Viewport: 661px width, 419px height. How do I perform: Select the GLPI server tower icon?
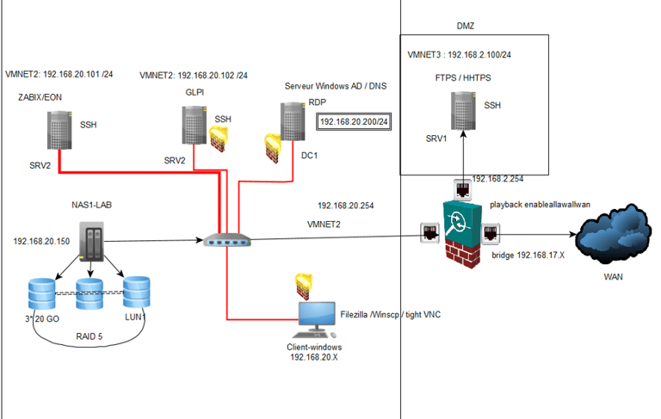click(x=194, y=125)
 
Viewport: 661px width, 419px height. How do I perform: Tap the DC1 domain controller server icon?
click(x=293, y=122)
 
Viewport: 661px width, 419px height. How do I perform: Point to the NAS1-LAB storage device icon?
click(x=91, y=243)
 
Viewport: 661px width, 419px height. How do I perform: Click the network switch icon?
click(x=227, y=242)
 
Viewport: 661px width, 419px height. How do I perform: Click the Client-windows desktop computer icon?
click(x=314, y=319)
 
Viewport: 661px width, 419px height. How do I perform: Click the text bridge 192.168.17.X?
click(x=528, y=256)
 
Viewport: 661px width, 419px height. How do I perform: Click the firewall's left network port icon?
click(x=429, y=231)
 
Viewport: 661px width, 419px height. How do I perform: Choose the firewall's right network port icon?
click(x=491, y=231)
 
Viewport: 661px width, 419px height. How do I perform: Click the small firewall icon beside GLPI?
click(x=219, y=138)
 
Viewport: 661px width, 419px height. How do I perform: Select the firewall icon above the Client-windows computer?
click(x=304, y=281)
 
